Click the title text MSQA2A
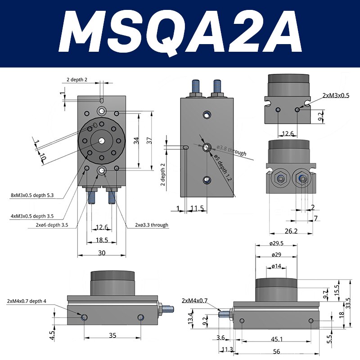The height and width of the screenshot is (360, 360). coord(180,34)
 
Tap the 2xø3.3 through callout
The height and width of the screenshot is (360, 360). coord(152,225)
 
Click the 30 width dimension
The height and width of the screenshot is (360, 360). coord(102,253)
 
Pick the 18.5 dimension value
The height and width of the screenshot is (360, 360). coord(102,241)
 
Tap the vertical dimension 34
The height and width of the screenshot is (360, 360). coord(136,141)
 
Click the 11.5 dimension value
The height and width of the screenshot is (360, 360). coord(197,208)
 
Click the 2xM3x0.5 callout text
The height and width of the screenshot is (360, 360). coord(336,96)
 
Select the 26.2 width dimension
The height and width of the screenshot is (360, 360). coord(292,231)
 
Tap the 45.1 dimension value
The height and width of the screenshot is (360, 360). coord(276,339)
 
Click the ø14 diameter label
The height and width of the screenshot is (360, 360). coord(276,266)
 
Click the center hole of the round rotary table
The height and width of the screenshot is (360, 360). coord(102,140)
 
